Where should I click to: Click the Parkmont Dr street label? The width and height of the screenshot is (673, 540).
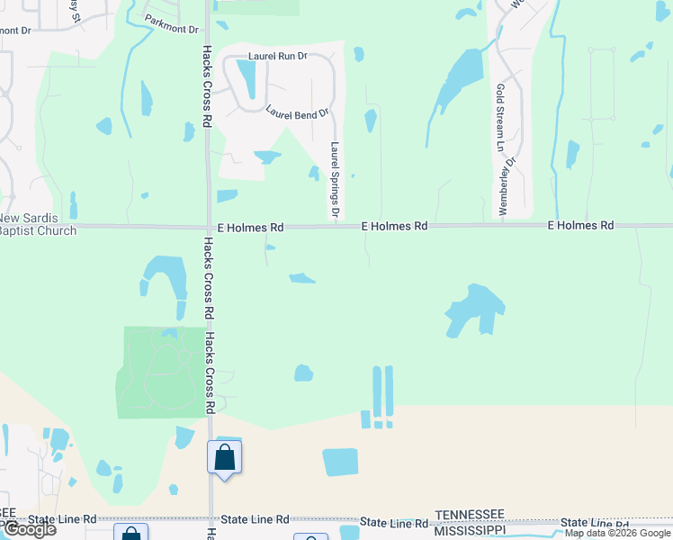171,30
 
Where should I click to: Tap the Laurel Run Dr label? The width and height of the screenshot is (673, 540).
277,56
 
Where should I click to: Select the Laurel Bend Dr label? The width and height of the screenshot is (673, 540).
298,112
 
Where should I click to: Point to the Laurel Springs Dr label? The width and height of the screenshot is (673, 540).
335,180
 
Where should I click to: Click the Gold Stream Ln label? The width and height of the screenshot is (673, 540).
500,117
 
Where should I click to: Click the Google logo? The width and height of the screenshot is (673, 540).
29,529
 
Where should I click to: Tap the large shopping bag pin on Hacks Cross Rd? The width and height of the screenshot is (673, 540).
224,457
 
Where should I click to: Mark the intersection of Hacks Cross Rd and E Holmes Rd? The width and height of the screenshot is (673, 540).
209,226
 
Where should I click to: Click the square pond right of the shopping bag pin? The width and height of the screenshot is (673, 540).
340,462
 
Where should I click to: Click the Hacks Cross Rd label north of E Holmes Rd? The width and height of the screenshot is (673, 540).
207,85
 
